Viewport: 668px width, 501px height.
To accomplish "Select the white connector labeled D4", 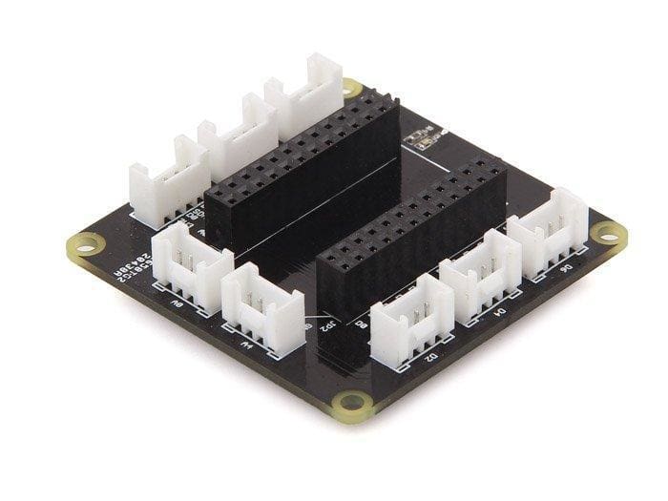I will point(480,276).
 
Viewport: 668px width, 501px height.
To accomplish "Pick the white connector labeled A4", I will point(261,309).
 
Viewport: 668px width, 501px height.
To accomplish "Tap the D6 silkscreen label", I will point(566,270).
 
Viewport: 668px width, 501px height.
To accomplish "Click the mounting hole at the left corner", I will point(85,246).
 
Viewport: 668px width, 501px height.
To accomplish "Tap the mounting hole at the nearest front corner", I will point(352,402).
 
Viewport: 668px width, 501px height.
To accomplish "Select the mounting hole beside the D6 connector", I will point(607,232).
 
